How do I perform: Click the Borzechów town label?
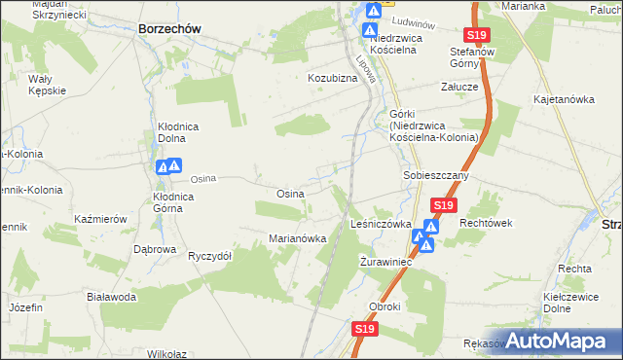point(169,29)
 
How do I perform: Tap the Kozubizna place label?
point(334,77)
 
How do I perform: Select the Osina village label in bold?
point(290,194)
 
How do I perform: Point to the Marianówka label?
point(296,238)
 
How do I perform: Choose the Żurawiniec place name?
point(387,263)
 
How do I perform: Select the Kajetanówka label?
point(564,99)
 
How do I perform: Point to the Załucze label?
point(458,87)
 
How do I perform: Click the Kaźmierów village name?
point(99,220)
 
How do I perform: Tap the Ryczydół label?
point(209,256)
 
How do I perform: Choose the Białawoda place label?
point(111,297)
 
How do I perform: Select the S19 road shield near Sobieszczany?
point(444,205)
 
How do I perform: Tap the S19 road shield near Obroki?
point(363,330)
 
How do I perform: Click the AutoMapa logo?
point(563,342)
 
